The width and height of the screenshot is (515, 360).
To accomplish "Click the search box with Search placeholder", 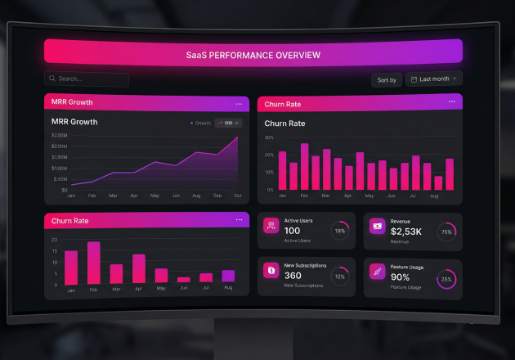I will coord(87,79).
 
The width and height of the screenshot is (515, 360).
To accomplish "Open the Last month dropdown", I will coord(434,79).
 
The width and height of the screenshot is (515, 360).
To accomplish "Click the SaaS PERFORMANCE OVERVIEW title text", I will coord(253,56).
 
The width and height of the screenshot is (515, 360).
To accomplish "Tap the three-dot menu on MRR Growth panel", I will coord(239,104).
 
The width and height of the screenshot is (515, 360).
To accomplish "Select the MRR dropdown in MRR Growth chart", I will coord(228,123).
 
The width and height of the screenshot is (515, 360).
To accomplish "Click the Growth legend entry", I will coord(201,123).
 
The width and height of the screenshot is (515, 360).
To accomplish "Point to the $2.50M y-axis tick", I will coord(59,135).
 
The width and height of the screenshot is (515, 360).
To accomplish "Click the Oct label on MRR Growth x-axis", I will coord(238,196).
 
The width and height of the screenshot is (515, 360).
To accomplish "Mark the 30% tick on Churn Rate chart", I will coord(269,137).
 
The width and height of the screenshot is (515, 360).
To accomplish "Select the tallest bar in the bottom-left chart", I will coord(94,263).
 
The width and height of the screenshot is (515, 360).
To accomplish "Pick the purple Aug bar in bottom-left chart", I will coord(228,277).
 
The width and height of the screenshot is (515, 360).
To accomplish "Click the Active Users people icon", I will coord(271,226).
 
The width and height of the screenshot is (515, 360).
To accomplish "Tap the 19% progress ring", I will coord(339,232).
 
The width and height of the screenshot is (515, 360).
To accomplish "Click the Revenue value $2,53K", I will coord(406,232).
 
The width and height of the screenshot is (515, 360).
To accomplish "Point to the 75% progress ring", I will coord(446,232).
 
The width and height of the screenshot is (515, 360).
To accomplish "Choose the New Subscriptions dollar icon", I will coord(271,270).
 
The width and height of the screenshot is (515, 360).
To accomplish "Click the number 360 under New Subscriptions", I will coord(293,276).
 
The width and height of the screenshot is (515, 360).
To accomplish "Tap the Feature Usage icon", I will coord(378,271).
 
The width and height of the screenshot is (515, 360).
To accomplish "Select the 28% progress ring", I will coord(446,279).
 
